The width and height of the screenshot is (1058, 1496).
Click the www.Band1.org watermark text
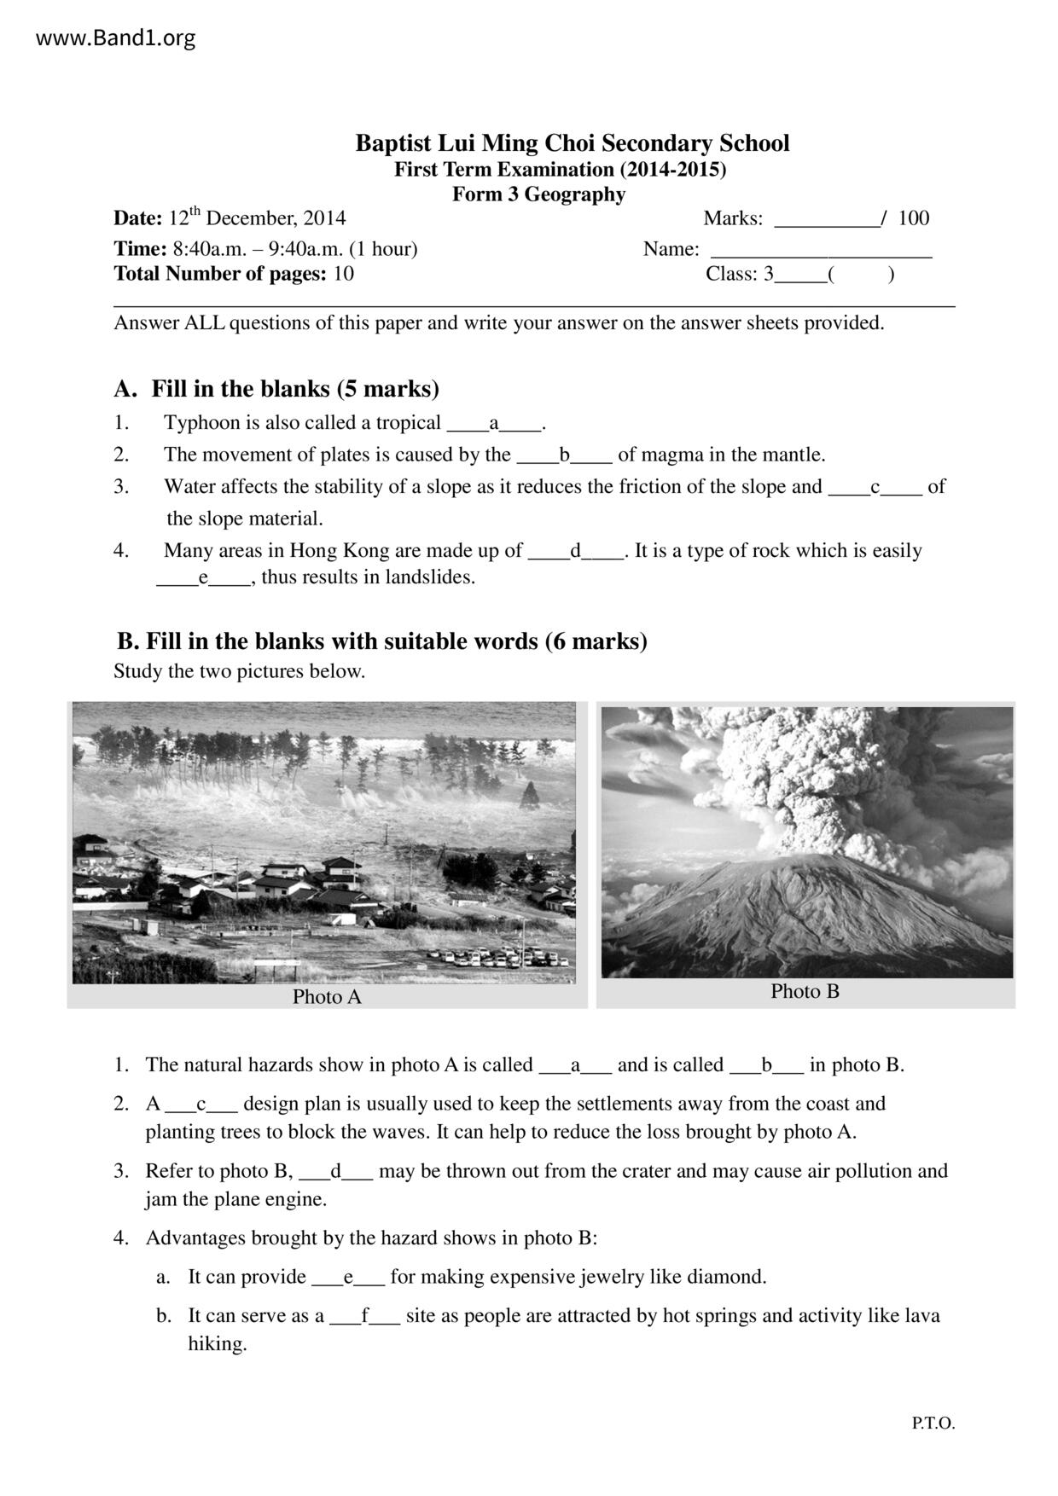(x=116, y=38)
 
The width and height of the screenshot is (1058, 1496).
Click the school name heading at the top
(x=572, y=142)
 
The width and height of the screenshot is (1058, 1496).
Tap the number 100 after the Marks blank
(x=913, y=218)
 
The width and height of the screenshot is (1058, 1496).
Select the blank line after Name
(x=821, y=251)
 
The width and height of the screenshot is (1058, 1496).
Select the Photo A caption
(x=327, y=997)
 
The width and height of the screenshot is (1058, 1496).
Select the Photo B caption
(x=805, y=991)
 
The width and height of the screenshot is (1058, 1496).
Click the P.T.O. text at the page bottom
(x=933, y=1424)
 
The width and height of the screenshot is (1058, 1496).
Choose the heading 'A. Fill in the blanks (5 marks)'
(x=277, y=389)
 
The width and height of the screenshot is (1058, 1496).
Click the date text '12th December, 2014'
(x=257, y=218)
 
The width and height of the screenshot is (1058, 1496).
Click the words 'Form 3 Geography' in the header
(x=538, y=194)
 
